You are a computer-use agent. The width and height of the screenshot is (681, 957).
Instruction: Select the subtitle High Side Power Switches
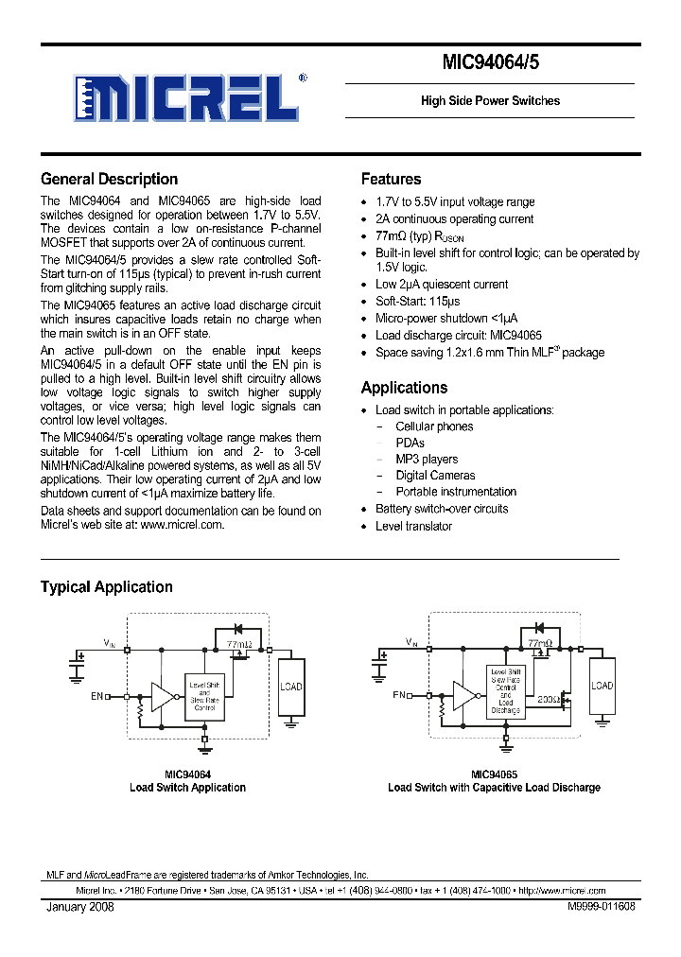click(x=490, y=101)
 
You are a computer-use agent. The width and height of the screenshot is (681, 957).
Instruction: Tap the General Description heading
click(x=109, y=179)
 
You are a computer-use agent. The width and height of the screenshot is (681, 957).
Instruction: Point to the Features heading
click(x=391, y=179)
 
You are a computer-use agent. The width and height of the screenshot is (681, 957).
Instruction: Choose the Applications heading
click(x=404, y=388)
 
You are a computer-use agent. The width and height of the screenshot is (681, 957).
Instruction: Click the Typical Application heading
click(x=106, y=587)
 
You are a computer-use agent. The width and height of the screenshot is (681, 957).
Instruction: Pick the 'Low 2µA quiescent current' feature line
click(x=441, y=284)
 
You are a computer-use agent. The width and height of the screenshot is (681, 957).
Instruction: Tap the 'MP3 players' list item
click(x=427, y=460)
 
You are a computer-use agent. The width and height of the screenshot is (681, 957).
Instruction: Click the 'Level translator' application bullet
click(x=413, y=526)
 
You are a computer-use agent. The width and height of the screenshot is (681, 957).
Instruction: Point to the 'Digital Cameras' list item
click(x=435, y=476)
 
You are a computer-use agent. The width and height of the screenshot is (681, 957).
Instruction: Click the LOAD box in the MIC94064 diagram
click(x=291, y=687)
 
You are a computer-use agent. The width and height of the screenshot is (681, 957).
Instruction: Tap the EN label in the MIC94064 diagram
click(x=96, y=696)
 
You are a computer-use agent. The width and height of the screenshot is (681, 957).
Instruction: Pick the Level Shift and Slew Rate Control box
click(x=205, y=695)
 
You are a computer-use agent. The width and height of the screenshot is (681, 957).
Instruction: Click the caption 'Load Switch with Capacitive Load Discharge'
click(x=494, y=788)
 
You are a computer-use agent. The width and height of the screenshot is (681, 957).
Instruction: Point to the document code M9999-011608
click(x=602, y=906)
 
